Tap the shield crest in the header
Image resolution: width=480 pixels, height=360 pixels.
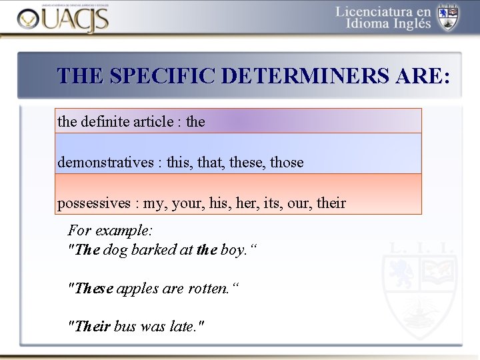(x=447, y=17)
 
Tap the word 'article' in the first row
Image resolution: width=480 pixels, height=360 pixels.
(x=151, y=122)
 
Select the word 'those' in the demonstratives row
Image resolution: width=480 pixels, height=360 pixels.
(x=287, y=163)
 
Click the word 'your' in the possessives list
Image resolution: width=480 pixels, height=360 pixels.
(x=186, y=203)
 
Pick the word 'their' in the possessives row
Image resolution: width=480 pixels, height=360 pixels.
(x=331, y=203)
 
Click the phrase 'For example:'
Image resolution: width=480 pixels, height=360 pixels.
(x=111, y=231)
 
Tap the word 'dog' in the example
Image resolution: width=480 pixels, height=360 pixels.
(x=115, y=250)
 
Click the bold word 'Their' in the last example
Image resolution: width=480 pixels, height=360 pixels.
(x=93, y=327)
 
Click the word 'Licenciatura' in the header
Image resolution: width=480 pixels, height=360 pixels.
(x=383, y=11)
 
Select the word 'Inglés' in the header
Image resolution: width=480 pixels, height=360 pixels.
(x=409, y=25)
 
